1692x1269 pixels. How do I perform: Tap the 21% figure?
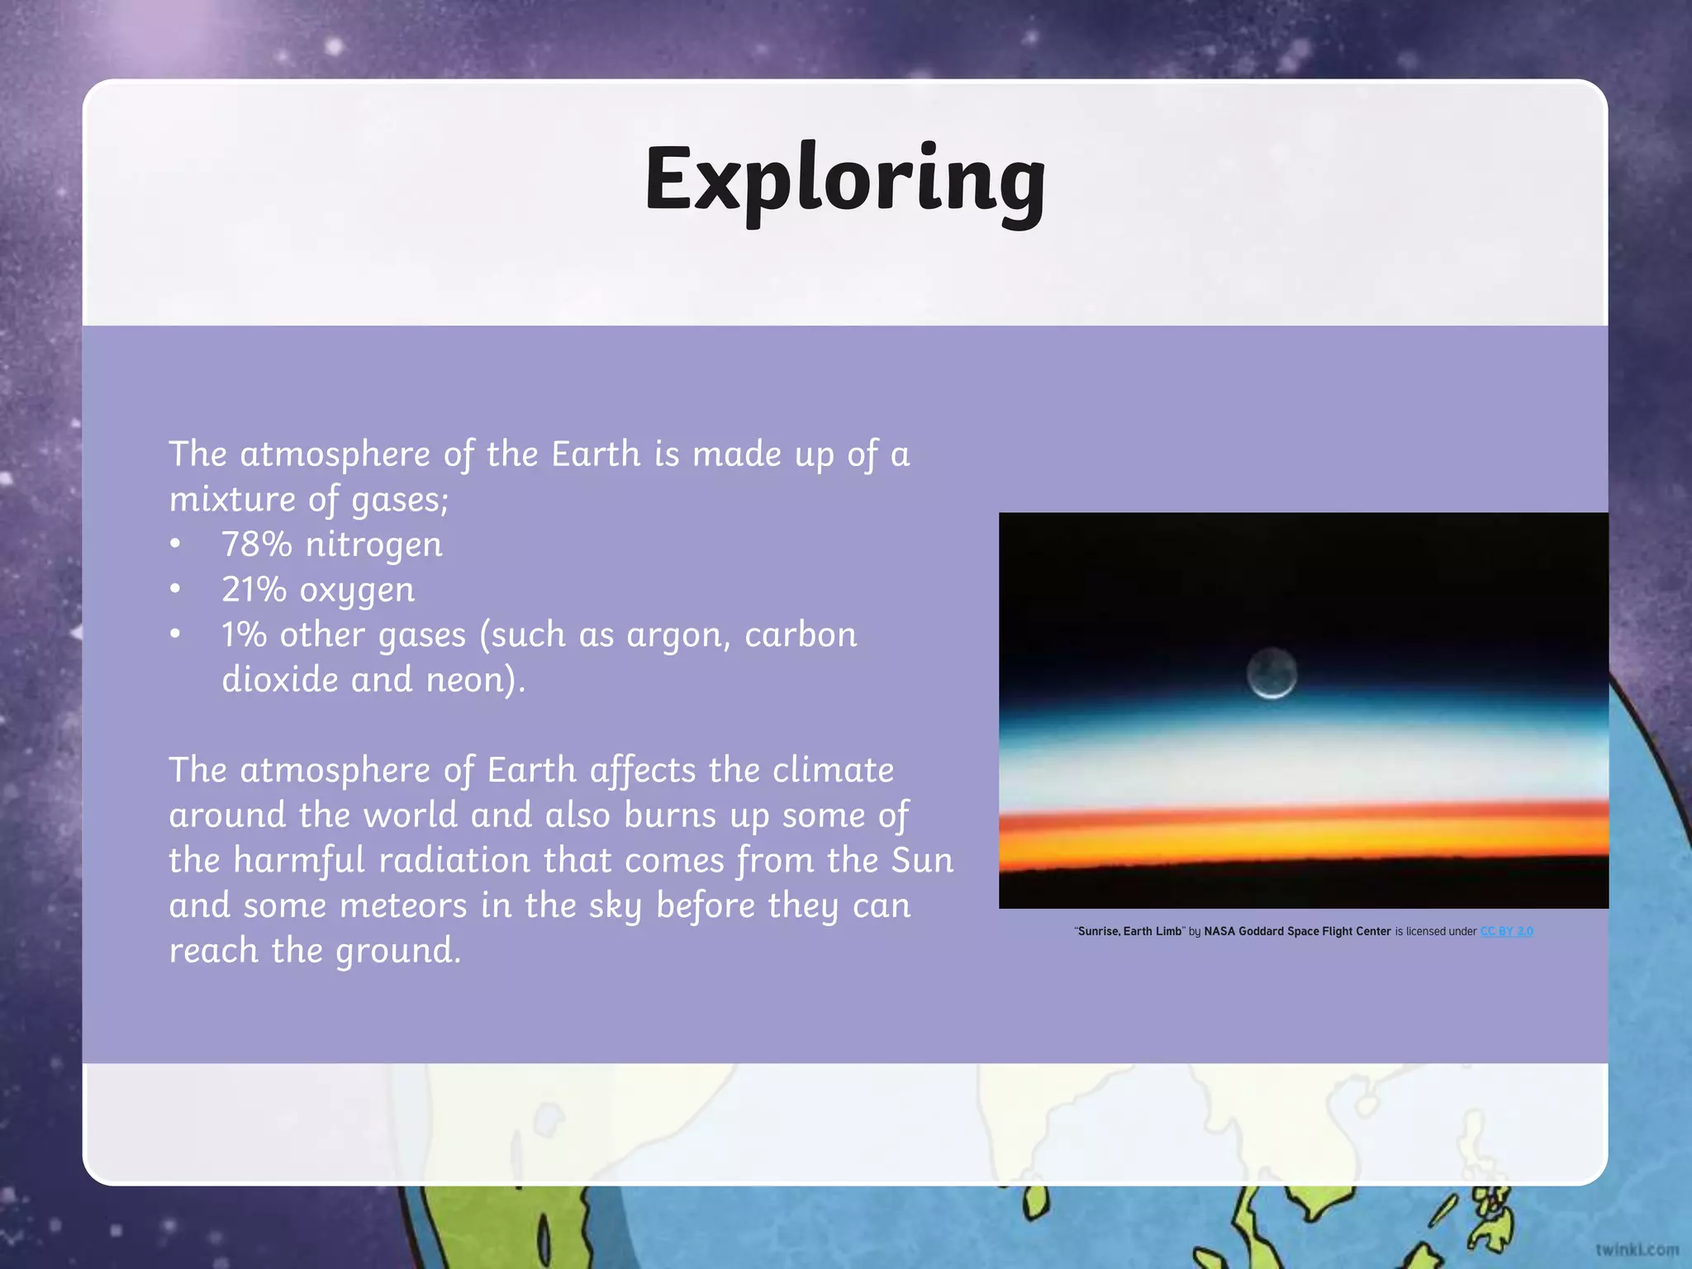click(x=254, y=590)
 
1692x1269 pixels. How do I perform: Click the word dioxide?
click(x=280, y=680)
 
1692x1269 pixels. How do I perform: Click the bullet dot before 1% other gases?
click(x=175, y=635)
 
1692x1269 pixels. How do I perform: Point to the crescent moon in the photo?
click(x=1271, y=673)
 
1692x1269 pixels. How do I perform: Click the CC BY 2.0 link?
click(x=1506, y=931)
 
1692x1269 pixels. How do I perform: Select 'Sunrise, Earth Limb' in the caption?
click(x=1129, y=931)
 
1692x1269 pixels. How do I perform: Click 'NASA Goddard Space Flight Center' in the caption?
click(x=1297, y=931)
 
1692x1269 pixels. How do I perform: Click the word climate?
click(x=833, y=771)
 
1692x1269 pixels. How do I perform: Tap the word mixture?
click(x=232, y=500)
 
